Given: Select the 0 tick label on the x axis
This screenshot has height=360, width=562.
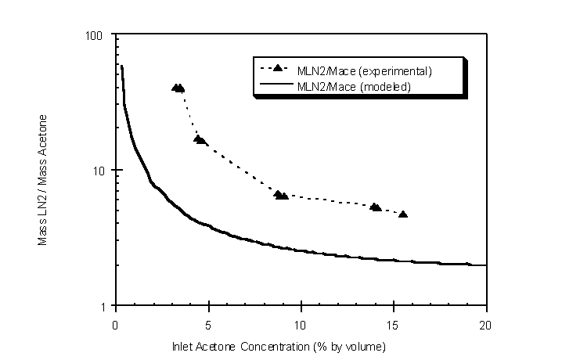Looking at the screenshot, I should [x=116, y=322].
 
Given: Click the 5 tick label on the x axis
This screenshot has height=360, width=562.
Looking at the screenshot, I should [x=208, y=322].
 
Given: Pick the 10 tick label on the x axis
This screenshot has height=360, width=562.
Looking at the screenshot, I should [x=301, y=322].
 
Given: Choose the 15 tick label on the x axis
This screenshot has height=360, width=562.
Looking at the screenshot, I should [x=393, y=322].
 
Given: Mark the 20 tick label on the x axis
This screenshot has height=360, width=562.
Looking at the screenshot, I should [x=486, y=322].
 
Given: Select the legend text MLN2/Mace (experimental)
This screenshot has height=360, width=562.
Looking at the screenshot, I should [x=365, y=71].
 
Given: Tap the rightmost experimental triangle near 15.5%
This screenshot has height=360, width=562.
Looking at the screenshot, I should [x=403, y=214].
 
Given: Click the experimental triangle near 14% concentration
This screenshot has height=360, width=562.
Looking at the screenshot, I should [x=376, y=207].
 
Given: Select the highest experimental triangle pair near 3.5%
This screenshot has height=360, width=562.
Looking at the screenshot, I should [x=178, y=88].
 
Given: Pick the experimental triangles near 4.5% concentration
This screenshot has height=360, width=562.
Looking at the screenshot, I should [x=200, y=139].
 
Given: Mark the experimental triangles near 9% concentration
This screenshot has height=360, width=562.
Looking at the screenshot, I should [x=281, y=195].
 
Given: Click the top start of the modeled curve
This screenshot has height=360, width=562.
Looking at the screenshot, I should [x=121, y=67].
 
